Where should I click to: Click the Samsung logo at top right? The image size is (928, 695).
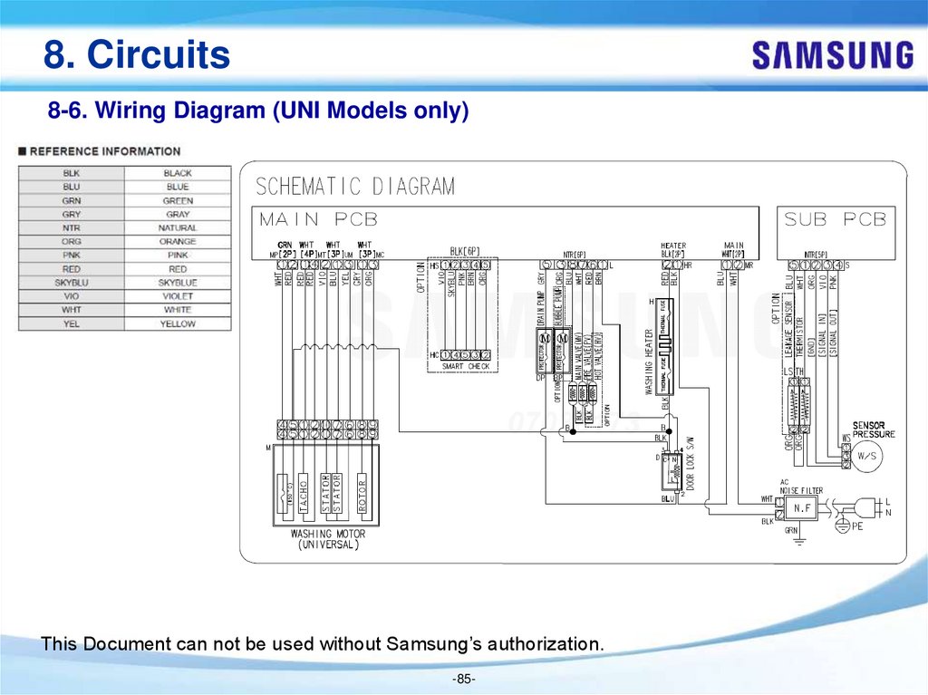point(832,55)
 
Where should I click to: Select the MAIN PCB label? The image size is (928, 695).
point(318,219)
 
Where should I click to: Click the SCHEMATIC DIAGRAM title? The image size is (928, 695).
point(355,187)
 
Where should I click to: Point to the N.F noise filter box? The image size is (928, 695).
point(803,507)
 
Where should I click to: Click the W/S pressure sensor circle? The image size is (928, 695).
point(867,457)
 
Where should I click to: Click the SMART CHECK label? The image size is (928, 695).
point(466,366)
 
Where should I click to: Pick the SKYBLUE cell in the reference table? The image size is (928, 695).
point(178,283)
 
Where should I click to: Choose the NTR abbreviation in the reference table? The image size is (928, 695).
point(72,228)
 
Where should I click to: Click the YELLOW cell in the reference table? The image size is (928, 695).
point(178,323)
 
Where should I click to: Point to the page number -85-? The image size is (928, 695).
point(463,680)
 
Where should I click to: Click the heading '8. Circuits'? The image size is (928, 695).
point(137,55)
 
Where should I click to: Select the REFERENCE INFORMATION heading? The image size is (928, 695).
point(104,151)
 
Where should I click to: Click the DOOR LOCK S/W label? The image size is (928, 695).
point(690,463)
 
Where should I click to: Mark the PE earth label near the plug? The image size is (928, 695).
point(857,526)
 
